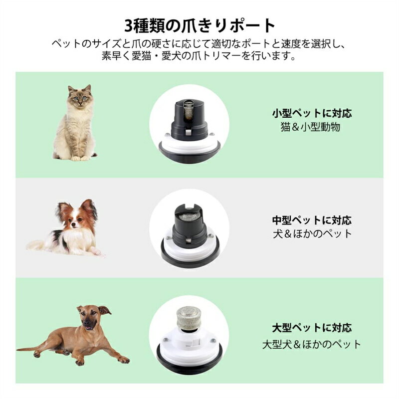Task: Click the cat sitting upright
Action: click(x=75, y=125)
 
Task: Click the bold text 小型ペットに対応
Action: click(x=312, y=113)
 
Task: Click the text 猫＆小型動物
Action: click(x=312, y=127)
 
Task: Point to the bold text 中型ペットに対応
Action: click(x=312, y=220)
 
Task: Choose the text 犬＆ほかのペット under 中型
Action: click(x=312, y=233)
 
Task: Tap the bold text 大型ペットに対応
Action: click(x=312, y=328)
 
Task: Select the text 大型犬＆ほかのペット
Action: click(x=312, y=344)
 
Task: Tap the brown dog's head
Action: click(x=91, y=318)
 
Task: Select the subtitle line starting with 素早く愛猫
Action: click(x=199, y=56)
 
